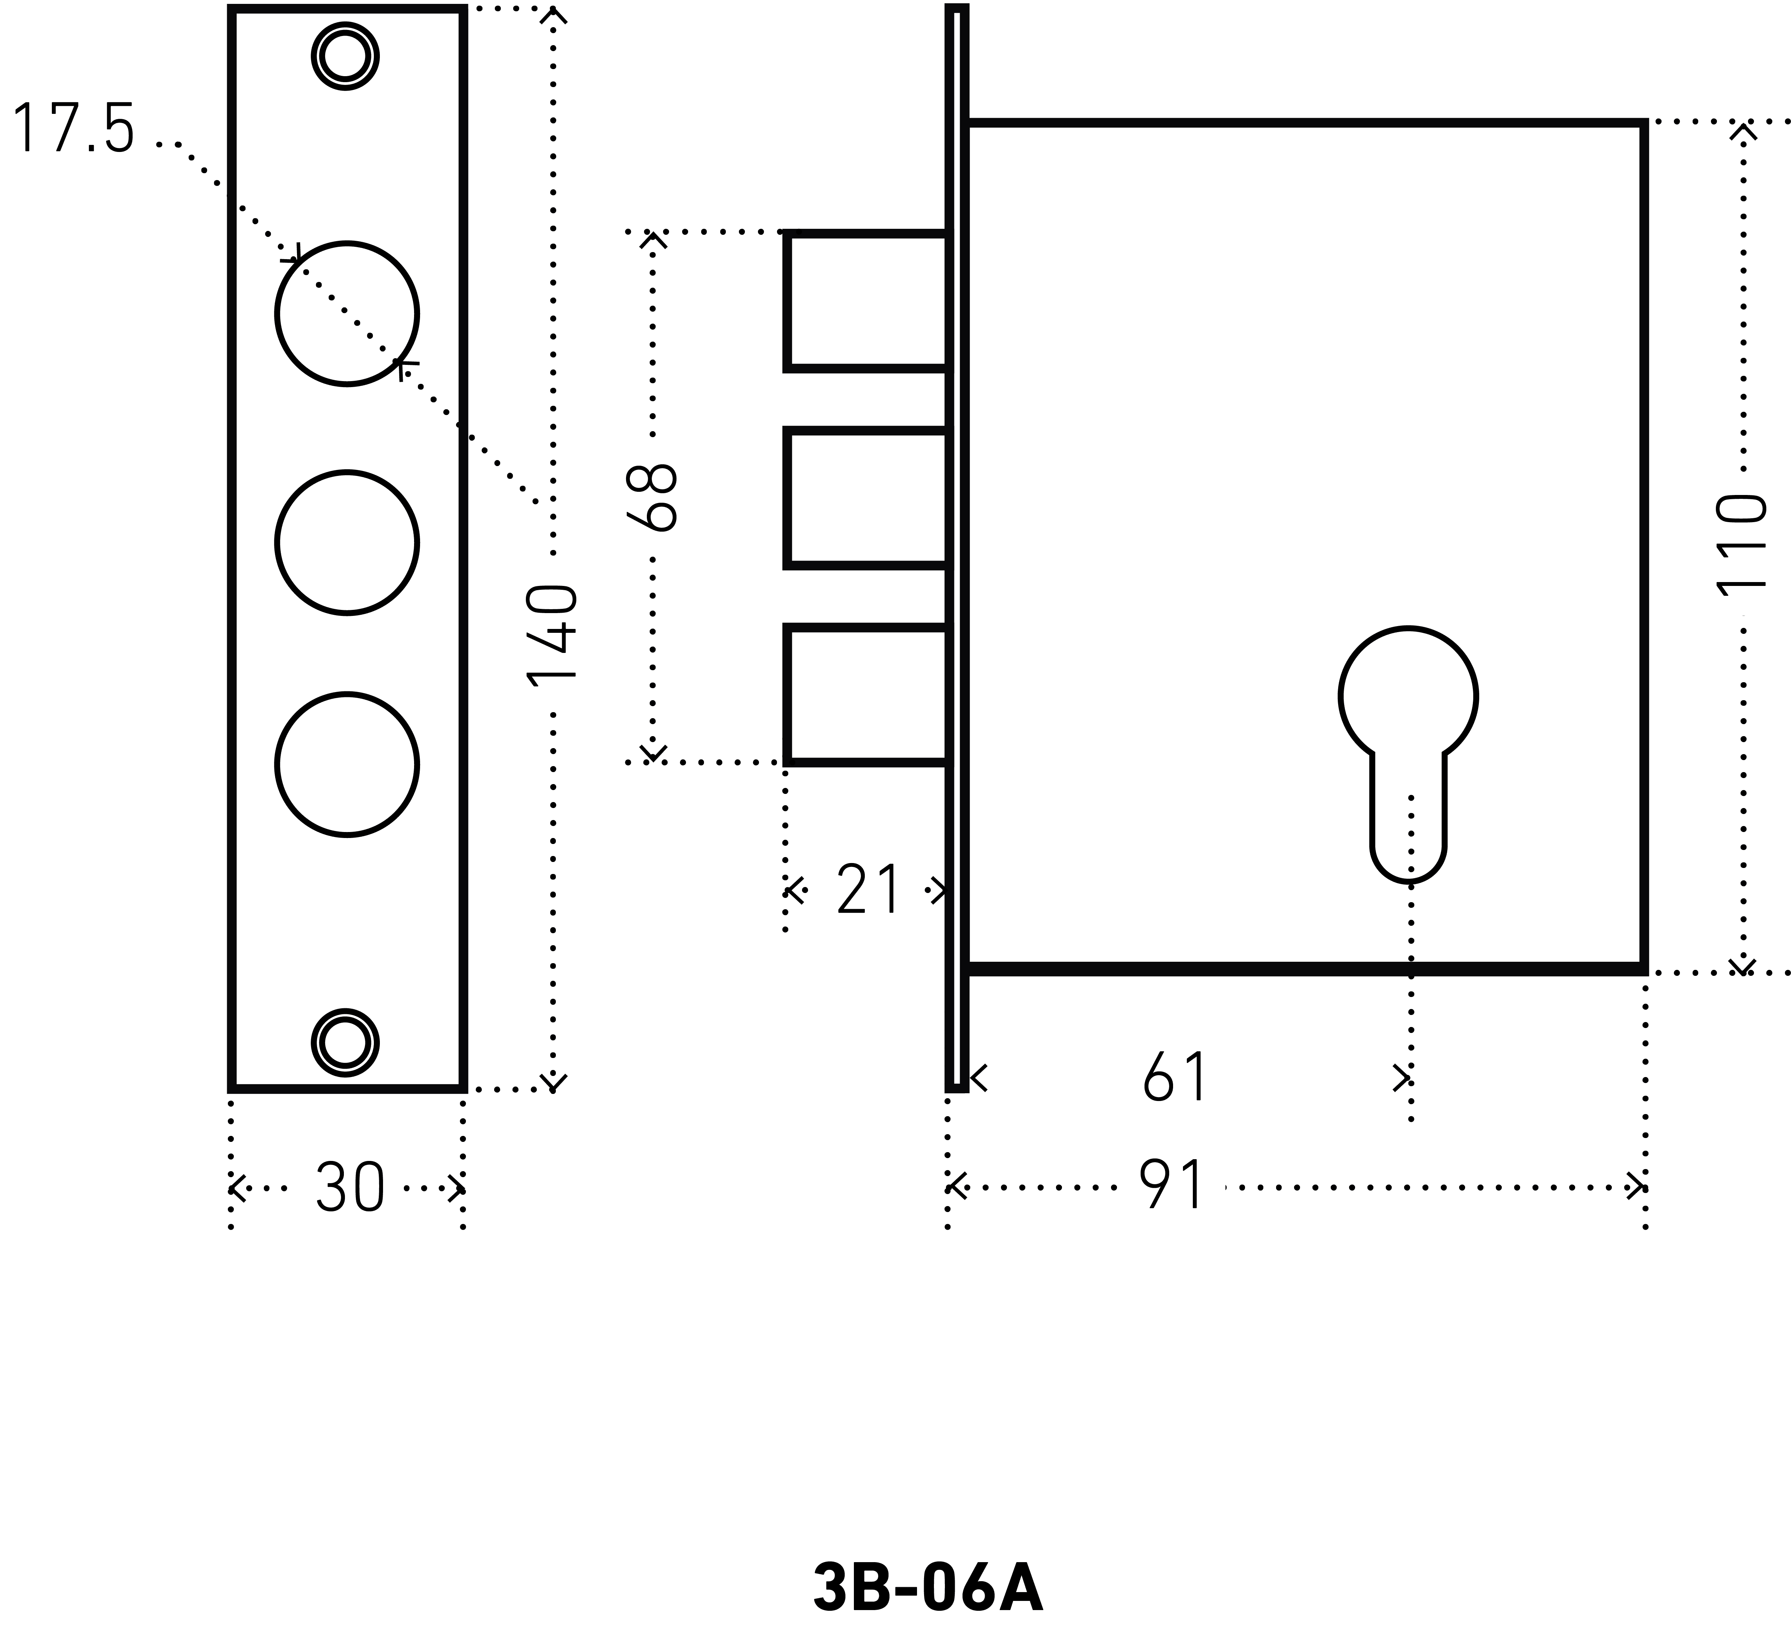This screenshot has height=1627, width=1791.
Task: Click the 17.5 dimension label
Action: pyautogui.click(x=73, y=130)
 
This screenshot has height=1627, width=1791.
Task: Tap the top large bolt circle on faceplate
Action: pyautogui.click(x=346, y=313)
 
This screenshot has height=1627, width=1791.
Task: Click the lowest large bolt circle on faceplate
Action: pyautogui.click(x=346, y=765)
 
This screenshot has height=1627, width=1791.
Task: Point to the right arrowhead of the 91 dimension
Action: pyautogui.click(x=1637, y=1187)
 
